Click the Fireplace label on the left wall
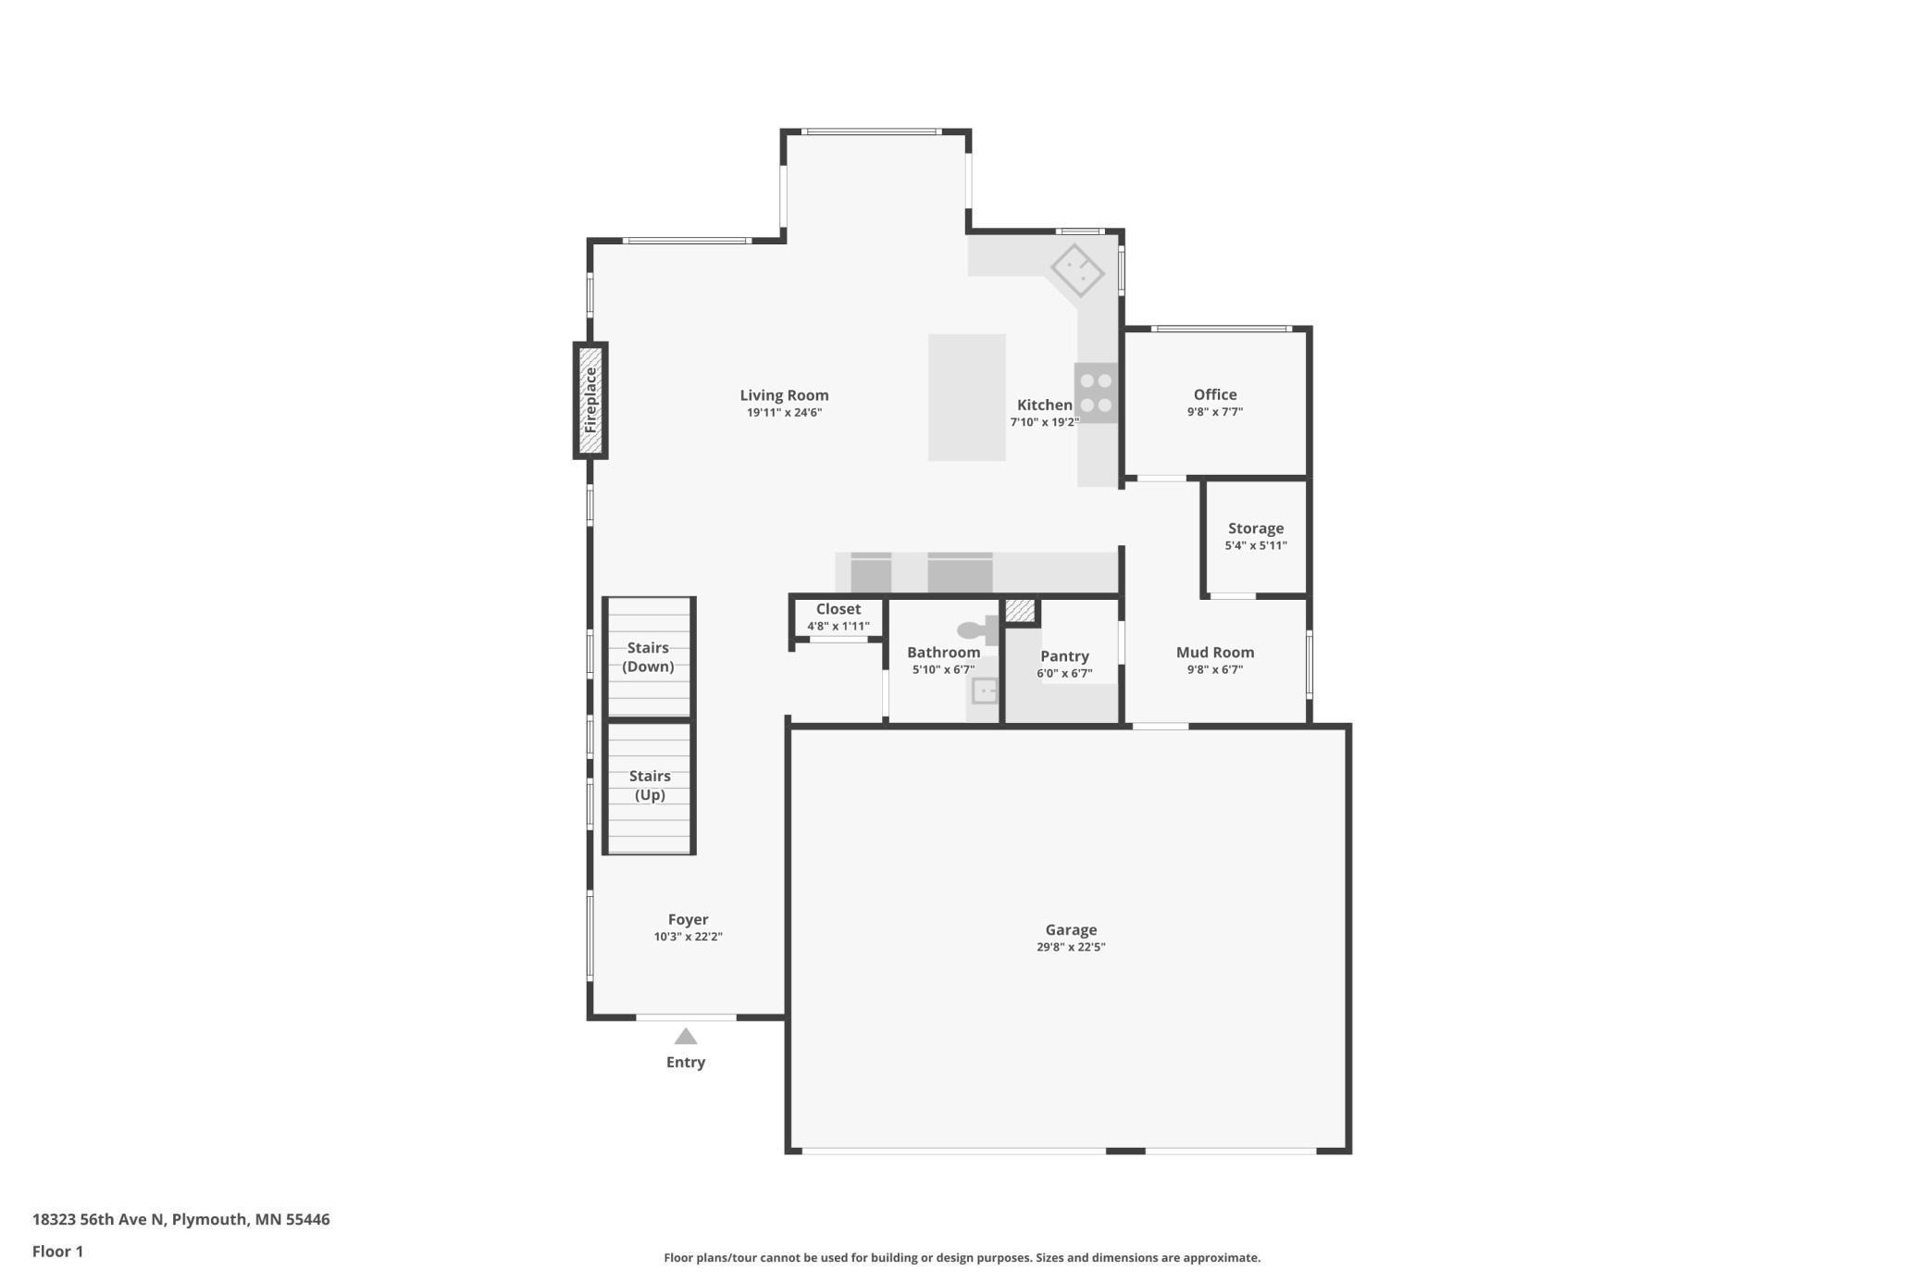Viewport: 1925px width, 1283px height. click(590, 400)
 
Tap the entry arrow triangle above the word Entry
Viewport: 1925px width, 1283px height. click(685, 1036)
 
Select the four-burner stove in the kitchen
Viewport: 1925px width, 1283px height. click(1096, 393)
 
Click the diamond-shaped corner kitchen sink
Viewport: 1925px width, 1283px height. click(1077, 270)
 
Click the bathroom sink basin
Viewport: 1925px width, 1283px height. click(985, 691)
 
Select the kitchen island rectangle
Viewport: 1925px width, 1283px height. click(966, 397)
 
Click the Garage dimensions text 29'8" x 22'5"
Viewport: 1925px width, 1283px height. click(1071, 947)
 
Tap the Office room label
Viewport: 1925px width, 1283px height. click(1214, 394)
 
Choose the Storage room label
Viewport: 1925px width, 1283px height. click(1255, 529)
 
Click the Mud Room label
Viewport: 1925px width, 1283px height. click(1214, 653)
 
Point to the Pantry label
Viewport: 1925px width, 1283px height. click(1064, 656)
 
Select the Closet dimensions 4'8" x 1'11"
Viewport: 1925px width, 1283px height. click(838, 627)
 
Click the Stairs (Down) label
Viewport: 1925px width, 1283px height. click(648, 657)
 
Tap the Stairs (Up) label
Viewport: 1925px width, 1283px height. click(649, 785)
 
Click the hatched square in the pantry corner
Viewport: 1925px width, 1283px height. click(1020, 611)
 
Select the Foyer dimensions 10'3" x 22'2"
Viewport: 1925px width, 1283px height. click(688, 937)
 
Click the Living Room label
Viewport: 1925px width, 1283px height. click(784, 395)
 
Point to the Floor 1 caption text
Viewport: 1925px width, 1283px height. click(57, 1252)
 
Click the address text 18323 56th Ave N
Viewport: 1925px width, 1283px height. click(99, 1219)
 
